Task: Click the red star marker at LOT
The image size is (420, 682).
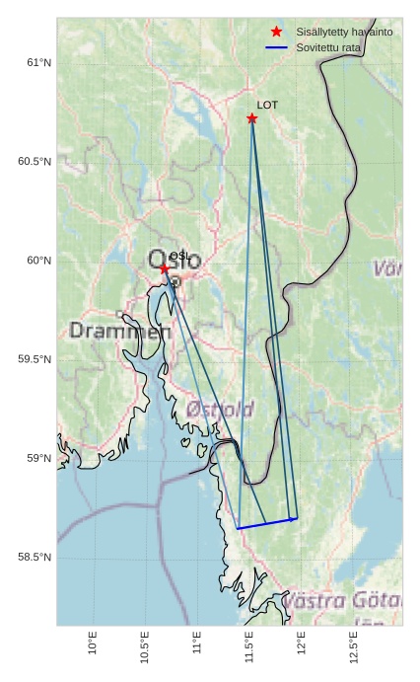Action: click(x=252, y=118)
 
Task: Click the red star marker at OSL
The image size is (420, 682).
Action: click(x=165, y=268)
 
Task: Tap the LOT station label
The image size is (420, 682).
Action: click(x=267, y=105)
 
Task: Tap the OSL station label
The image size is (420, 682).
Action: click(x=179, y=257)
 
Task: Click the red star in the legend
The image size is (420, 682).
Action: click(x=276, y=33)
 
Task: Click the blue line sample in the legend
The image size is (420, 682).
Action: click(x=276, y=47)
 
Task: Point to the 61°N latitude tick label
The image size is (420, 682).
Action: click(x=37, y=62)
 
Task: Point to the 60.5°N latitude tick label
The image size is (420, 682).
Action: click(x=34, y=161)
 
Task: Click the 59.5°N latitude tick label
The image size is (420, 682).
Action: click(x=34, y=359)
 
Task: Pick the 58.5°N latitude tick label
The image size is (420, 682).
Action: click(x=34, y=558)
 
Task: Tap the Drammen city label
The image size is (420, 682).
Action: click(x=119, y=331)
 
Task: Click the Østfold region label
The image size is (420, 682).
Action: click(x=220, y=409)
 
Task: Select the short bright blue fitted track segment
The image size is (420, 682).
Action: click(x=267, y=523)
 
